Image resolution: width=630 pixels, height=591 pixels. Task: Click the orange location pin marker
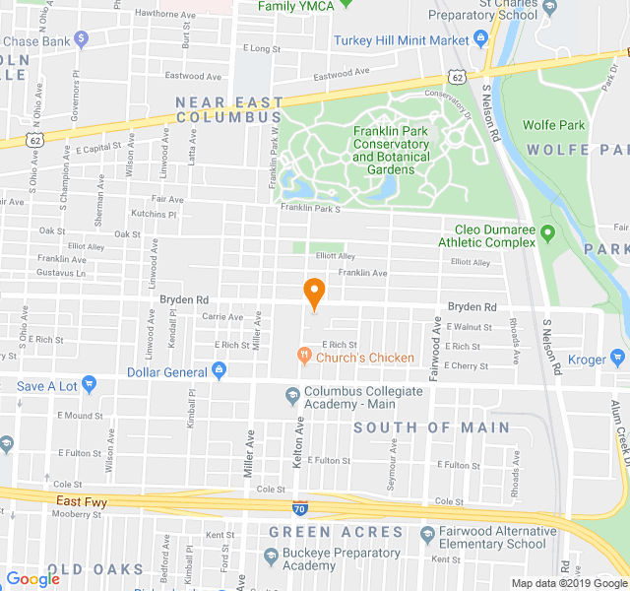pos(314,293)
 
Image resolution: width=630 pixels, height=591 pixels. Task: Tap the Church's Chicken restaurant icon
pos(305,357)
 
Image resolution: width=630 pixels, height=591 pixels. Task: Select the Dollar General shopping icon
pos(219,371)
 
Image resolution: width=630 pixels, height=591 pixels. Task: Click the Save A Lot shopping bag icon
pos(90,385)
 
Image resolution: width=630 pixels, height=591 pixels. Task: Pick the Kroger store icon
pos(618,359)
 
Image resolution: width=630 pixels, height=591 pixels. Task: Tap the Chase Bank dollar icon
pos(82,39)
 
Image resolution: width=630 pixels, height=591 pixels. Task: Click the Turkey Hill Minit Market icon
pos(481,39)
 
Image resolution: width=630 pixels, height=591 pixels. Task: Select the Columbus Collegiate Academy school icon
pos(292,397)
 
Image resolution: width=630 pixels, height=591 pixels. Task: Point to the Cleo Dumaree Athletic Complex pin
pos(548,234)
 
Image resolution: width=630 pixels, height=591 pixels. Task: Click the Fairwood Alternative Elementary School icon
pos(427,535)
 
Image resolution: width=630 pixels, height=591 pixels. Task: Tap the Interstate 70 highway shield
pos(298,509)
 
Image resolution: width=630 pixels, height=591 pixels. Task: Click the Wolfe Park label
pos(553,125)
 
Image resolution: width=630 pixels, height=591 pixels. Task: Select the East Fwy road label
pos(83,501)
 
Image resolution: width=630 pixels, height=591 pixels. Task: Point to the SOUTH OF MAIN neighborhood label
pos(431,427)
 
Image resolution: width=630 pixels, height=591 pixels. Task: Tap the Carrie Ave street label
pos(221,317)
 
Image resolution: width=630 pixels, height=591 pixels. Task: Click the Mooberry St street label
pos(85,514)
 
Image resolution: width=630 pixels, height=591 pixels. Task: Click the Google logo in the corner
pos(33,579)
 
